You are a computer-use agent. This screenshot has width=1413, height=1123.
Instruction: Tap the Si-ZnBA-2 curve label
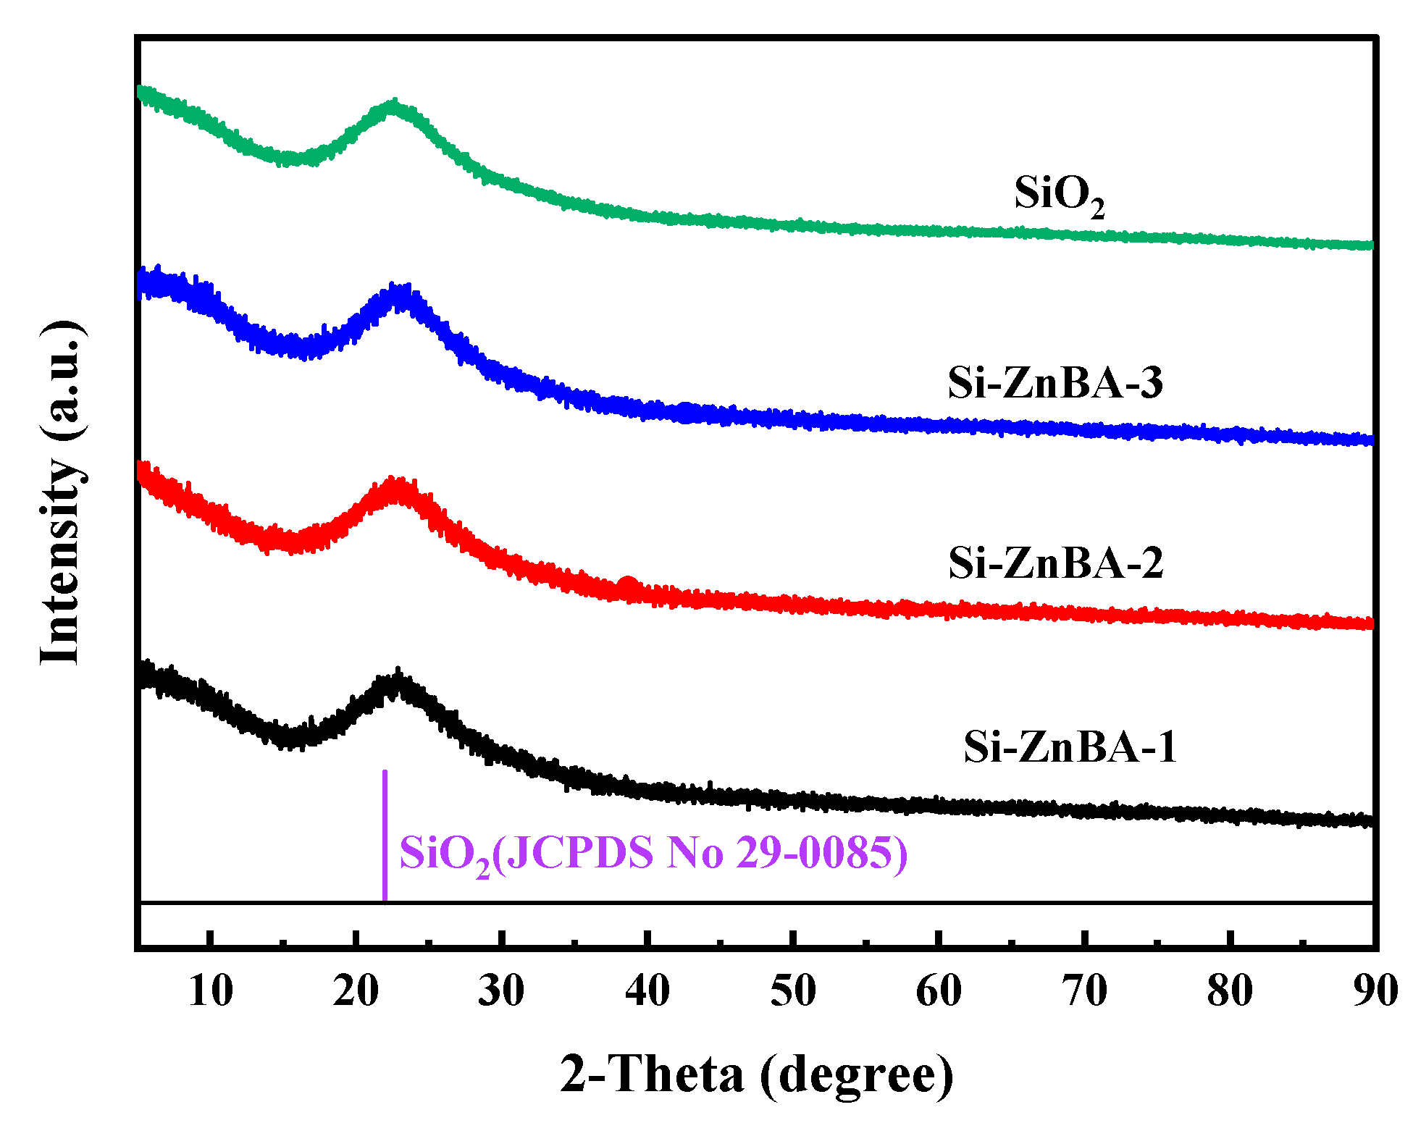click(1055, 563)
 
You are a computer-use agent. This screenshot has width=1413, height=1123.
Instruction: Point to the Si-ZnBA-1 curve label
click(1070, 746)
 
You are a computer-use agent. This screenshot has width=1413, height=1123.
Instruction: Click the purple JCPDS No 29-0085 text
click(653, 853)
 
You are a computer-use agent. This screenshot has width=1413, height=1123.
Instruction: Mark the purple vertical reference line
click(385, 836)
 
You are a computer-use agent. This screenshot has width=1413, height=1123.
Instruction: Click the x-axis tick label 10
click(210, 990)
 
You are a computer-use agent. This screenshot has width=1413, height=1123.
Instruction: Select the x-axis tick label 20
click(356, 990)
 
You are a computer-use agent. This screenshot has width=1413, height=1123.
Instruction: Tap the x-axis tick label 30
click(501, 990)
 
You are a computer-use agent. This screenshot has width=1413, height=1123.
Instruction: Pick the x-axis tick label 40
click(647, 990)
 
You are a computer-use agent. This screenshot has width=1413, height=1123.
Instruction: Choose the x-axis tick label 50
click(793, 990)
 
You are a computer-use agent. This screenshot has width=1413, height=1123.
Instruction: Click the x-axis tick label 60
click(939, 990)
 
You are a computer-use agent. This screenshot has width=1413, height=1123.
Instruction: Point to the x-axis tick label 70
click(1084, 990)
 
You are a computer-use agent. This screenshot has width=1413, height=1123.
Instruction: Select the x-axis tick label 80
click(1230, 990)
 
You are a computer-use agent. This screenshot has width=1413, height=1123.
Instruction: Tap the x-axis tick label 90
click(1375, 990)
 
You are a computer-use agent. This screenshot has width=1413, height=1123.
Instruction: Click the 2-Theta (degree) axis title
click(757, 1074)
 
